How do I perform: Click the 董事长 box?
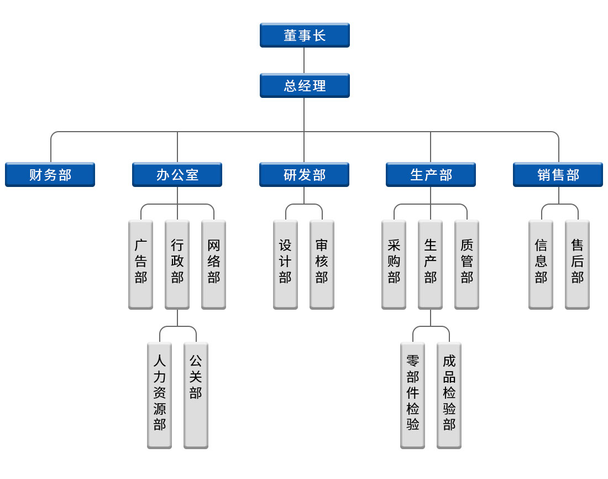(305, 35)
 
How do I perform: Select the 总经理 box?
(305, 86)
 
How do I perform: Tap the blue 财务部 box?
(50, 175)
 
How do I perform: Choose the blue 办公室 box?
(177, 175)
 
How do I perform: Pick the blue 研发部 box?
(304, 175)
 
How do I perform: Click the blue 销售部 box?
(558, 175)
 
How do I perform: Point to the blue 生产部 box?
(431, 175)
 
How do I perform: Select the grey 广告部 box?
(141, 264)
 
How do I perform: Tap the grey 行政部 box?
(177, 264)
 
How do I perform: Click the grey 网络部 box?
(213, 264)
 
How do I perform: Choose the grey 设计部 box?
(285, 264)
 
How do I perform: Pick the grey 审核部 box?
(322, 264)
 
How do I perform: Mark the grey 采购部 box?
(394, 264)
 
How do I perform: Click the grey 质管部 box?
(467, 264)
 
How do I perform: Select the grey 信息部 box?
(541, 264)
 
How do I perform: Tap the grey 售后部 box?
(577, 264)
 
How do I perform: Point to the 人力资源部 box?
(160, 395)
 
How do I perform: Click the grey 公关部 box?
(196, 395)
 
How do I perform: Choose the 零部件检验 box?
(412, 395)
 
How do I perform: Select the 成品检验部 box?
(449, 395)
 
